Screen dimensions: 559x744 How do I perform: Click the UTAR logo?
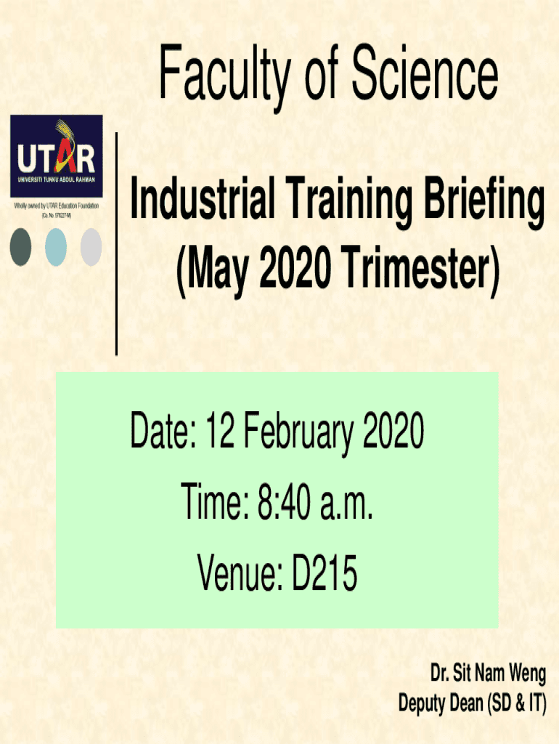click(x=57, y=156)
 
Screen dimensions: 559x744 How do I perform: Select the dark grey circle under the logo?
click(x=20, y=247)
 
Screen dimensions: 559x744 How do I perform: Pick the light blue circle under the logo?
click(x=55, y=247)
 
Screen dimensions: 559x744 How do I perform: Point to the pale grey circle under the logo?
click(x=91, y=247)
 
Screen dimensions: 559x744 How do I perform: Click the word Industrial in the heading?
click(x=203, y=198)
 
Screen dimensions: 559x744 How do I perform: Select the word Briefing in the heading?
click(x=484, y=202)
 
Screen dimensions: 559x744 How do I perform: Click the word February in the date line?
click(x=298, y=432)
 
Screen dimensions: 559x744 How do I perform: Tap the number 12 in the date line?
click(x=220, y=430)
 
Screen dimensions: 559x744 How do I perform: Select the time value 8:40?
click(x=284, y=502)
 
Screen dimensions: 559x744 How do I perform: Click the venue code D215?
click(x=325, y=573)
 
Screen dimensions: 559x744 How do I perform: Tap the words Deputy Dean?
click(x=441, y=703)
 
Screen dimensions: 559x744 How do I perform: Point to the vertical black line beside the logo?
click(x=116, y=244)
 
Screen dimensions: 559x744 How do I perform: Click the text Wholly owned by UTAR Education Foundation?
click(x=57, y=206)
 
